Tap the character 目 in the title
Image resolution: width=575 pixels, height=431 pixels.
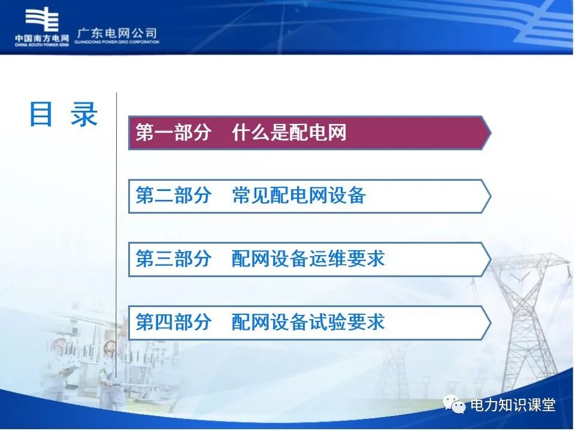click(41, 114)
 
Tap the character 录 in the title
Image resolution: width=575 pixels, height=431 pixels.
click(84, 114)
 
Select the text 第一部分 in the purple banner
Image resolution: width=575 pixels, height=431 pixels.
click(173, 133)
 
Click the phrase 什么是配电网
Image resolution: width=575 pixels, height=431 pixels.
click(289, 133)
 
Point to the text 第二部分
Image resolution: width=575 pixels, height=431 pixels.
click(173, 196)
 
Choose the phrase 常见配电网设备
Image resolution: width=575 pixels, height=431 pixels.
click(299, 196)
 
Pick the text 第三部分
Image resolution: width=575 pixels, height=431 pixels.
click(173, 259)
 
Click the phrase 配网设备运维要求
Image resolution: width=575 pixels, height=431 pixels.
click(308, 259)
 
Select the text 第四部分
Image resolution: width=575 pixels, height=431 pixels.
click(173, 322)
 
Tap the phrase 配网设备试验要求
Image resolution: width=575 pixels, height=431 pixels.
click(308, 322)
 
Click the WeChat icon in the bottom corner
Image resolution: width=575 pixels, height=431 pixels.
click(455, 405)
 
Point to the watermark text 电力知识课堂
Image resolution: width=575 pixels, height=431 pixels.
click(513, 405)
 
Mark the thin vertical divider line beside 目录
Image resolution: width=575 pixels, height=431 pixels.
click(116, 239)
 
